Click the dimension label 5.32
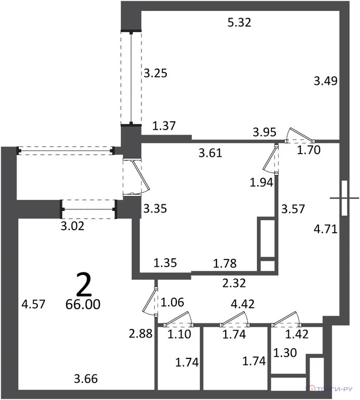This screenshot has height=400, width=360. tap(240, 22)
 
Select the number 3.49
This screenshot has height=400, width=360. tap(326, 81)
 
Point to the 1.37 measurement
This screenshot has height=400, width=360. tap(164, 125)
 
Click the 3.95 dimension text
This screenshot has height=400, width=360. tap(264, 131)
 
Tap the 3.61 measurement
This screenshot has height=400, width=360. tap(211, 153)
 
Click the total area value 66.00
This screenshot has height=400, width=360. tap(83, 304)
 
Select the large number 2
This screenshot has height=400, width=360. tap(84, 284)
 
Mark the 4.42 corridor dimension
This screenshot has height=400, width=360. tap(243, 304)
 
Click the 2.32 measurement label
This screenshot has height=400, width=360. tap(233, 283)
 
